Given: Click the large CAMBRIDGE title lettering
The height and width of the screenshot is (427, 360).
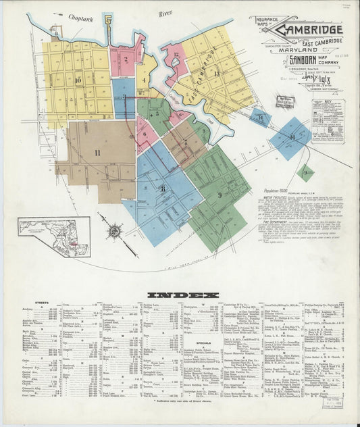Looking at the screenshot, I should [x=310, y=30].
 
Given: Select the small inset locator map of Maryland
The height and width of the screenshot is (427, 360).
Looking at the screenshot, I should [x=54, y=236].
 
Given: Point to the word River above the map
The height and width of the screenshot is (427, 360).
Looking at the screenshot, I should [x=165, y=13].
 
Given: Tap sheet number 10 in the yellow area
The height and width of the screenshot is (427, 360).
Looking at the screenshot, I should [x=79, y=80].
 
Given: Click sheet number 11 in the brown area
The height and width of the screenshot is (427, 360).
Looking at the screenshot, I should [x=97, y=153].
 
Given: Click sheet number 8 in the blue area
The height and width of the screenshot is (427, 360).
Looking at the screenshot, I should [x=162, y=189].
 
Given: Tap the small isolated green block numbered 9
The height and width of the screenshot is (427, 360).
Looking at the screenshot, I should [x=306, y=172].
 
